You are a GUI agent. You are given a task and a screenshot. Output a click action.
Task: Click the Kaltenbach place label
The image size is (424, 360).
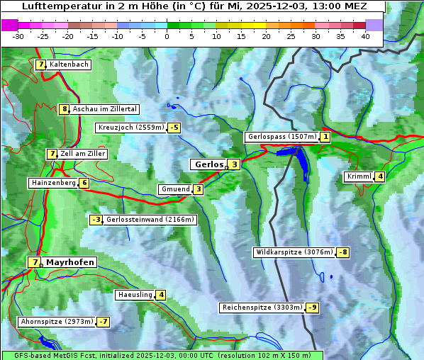tap(69, 64)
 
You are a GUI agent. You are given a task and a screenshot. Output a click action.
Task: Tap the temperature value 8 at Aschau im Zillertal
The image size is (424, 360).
tap(65, 109)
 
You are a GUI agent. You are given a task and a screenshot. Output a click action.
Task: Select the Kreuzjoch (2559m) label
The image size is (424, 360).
tap(130, 128)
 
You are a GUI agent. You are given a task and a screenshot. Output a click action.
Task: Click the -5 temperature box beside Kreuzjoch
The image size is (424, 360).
tap(174, 128)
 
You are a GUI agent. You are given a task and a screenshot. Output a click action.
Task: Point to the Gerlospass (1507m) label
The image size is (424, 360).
tap(281, 137)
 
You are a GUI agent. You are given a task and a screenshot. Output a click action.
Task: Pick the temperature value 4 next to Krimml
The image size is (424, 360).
tap(381, 176)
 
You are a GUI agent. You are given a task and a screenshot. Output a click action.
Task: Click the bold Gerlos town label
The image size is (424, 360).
tap(208, 164)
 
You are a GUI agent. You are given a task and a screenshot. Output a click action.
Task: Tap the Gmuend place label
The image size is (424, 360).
tap(175, 189)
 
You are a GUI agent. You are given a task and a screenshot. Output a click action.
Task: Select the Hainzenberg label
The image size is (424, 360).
tap(52, 183)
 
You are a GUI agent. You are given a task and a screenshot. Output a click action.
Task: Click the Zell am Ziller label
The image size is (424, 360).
tap(83, 154)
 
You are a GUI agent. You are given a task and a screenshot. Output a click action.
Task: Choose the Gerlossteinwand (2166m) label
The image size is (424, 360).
tap(150, 220)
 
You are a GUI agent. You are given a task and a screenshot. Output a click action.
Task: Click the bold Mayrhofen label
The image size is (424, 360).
tap(70, 262)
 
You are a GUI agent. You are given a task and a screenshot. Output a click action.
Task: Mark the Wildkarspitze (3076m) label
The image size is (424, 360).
tap(294, 252)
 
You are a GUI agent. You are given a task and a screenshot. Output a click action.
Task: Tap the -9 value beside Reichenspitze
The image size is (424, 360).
tap(313, 308)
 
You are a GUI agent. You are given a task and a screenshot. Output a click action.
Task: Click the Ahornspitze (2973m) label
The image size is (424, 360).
tap(57, 322)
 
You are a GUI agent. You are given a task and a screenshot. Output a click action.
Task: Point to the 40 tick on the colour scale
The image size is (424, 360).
tap(365, 36)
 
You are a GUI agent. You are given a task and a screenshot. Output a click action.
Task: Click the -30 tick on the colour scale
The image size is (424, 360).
tap(19, 36)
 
